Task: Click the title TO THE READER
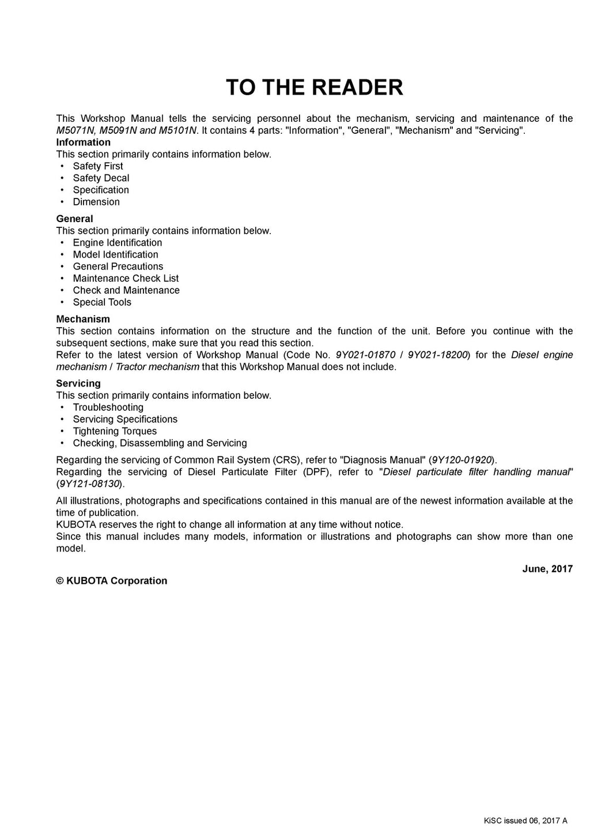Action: [x=314, y=87]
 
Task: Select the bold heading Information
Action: [x=83, y=143]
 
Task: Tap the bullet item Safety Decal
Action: [x=101, y=178]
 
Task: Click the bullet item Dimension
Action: [x=96, y=202]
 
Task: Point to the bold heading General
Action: [x=74, y=219]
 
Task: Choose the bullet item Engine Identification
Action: [x=117, y=243]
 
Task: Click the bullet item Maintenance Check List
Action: [x=126, y=278]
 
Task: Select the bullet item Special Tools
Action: [x=102, y=302]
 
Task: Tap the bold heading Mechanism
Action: [x=82, y=319]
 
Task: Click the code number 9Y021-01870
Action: [x=365, y=355]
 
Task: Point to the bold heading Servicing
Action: [x=78, y=384]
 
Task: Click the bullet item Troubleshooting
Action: [x=108, y=407]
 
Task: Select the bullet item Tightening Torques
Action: [x=115, y=431]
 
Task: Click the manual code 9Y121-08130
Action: [x=89, y=484]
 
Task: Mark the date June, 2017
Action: [x=547, y=569]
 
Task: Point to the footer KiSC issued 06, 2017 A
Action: [x=525, y=820]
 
